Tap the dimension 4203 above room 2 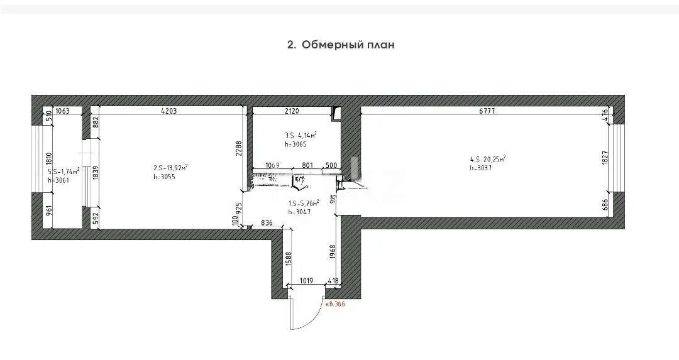[168, 112]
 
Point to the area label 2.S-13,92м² [170, 168]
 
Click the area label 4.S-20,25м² [487, 159]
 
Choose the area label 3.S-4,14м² [300, 135]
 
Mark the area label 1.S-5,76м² [304, 203]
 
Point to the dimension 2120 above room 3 [291, 112]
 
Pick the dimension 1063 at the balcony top [63, 112]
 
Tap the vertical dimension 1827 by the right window [604, 158]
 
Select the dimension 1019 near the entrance [306, 280]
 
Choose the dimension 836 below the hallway [267, 222]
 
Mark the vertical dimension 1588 [288, 259]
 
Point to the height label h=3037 [481, 168]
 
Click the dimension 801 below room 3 [307, 165]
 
